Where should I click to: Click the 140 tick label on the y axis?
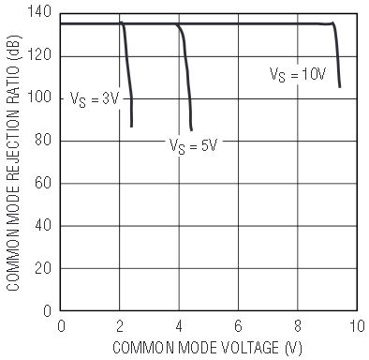pyautogui.click(x=39, y=12)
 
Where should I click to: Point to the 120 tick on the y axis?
pyautogui.click(x=39, y=55)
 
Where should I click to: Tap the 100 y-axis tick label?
pyautogui.click(x=39, y=97)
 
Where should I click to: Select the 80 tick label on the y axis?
pyautogui.click(x=43, y=140)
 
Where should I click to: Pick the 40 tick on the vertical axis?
pyautogui.click(x=43, y=225)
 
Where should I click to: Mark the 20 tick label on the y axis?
pyautogui.click(x=43, y=268)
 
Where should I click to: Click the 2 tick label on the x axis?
pyautogui.click(x=120, y=326)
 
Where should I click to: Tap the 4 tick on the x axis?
pyautogui.click(x=179, y=326)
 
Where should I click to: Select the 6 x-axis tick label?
pyautogui.click(x=238, y=326)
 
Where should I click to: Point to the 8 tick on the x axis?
pyautogui.click(x=298, y=326)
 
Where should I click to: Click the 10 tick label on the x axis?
pyautogui.click(x=356, y=326)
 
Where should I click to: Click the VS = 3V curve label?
pyautogui.click(x=95, y=99)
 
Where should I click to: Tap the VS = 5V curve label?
pyautogui.click(x=193, y=146)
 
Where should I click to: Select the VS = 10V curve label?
pyautogui.click(x=298, y=75)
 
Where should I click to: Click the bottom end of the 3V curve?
pyautogui.click(x=131, y=127)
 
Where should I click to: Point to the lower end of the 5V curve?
pyautogui.click(x=191, y=130)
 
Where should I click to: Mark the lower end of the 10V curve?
pyautogui.click(x=340, y=87)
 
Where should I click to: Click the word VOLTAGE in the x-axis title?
pyautogui.click(x=250, y=348)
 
